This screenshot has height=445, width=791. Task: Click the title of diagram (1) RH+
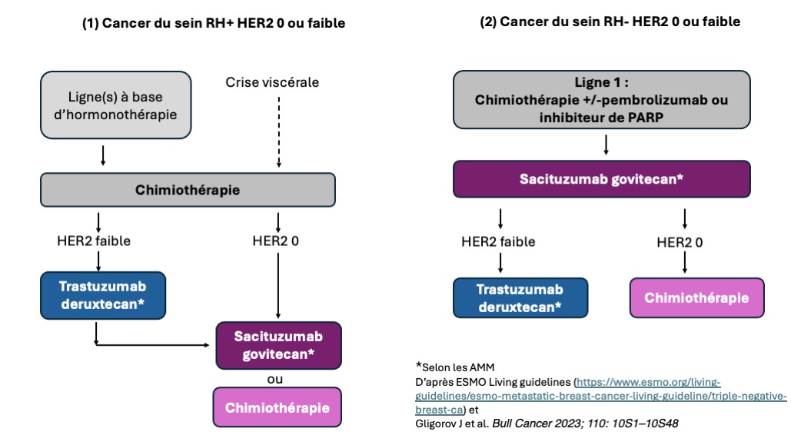[214, 23]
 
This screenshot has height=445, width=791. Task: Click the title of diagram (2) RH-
[610, 22]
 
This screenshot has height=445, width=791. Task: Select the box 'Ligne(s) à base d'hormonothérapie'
[115, 105]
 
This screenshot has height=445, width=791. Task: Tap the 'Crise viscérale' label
[272, 82]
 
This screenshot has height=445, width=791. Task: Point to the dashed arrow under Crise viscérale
[278, 132]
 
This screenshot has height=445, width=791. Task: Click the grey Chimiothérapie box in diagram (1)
[188, 190]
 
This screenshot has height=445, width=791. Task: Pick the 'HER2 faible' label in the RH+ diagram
[94, 241]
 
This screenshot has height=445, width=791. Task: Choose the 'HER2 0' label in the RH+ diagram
[275, 241]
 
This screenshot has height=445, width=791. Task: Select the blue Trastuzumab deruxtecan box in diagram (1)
[103, 295]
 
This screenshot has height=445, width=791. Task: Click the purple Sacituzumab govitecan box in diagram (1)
[278, 345]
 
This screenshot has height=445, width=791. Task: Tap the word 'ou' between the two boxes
[275, 379]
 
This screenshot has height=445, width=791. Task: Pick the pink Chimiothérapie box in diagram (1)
[277, 407]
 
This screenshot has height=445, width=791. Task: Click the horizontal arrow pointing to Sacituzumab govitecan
[152, 345]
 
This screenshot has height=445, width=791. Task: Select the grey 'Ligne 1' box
[601, 99]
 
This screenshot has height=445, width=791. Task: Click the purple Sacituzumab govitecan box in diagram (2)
[601, 178]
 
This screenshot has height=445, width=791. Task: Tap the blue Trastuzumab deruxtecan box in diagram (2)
[520, 297]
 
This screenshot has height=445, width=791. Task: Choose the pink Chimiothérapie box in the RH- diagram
[696, 297]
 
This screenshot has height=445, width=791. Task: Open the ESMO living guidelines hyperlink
[600, 396]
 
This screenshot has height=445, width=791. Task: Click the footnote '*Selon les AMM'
[455, 367]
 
